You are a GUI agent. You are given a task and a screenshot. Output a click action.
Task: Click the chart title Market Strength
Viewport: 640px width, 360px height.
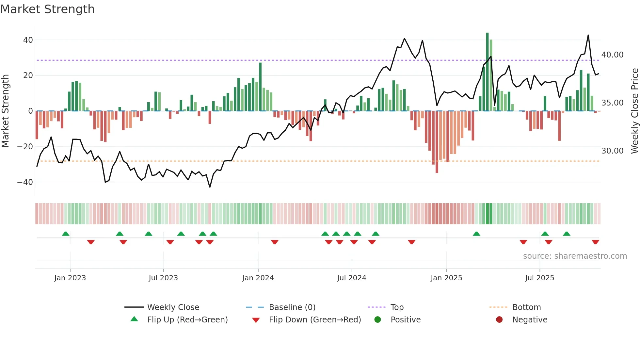pyautogui.click(x=47, y=9)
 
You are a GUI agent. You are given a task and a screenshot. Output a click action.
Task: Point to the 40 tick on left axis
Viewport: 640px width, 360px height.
pyautogui.click(x=28, y=40)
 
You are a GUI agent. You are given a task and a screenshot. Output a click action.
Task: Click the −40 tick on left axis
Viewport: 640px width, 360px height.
pyautogui.click(x=25, y=182)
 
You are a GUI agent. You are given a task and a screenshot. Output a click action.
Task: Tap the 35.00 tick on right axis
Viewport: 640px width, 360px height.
pyautogui.click(x=612, y=103)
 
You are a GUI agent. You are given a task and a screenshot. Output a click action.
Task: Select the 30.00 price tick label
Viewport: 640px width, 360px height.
pyautogui.click(x=612, y=151)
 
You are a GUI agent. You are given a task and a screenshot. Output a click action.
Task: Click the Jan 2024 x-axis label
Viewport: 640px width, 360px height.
pyautogui.click(x=258, y=278)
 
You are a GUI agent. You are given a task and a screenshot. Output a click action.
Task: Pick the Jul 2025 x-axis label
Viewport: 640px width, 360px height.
pyautogui.click(x=539, y=278)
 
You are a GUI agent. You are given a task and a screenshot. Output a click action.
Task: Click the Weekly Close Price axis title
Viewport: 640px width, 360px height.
pyautogui.click(x=634, y=111)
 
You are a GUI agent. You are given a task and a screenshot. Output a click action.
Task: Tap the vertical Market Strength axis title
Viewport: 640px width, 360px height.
pyautogui.click(x=5, y=111)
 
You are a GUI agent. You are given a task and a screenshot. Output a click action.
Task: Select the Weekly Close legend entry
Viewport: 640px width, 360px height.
pyautogui.click(x=173, y=307)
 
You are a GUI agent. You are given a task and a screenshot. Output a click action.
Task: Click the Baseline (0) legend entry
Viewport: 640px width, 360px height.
pyautogui.click(x=292, y=307)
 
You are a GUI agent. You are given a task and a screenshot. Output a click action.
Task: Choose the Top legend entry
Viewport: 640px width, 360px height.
pyautogui.click(x=397, y=307)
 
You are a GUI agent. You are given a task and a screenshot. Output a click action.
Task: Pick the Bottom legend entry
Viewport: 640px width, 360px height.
pyautogui.click(x=526, y=307)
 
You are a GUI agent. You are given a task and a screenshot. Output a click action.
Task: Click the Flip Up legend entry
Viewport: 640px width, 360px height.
pyautogui.click(x=187, y=319)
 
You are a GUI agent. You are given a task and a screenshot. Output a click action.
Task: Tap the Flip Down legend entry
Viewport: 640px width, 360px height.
pyautogui.click(x=315, y=319)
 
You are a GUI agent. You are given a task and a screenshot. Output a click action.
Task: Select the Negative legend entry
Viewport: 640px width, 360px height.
pyautogui.click(x=529, y=319)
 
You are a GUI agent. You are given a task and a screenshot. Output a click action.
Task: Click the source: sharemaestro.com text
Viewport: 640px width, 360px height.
pyautogui.click(x=575, y=256)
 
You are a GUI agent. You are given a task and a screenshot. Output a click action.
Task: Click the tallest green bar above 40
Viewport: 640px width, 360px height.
pyautogui.click(x=487, y=72)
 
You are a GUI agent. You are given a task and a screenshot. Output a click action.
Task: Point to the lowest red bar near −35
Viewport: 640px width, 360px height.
pyautogui.click(x=437, y=142)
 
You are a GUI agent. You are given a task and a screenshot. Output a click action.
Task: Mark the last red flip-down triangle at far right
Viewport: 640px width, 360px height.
pyautogui.click(x=595, y=242)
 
